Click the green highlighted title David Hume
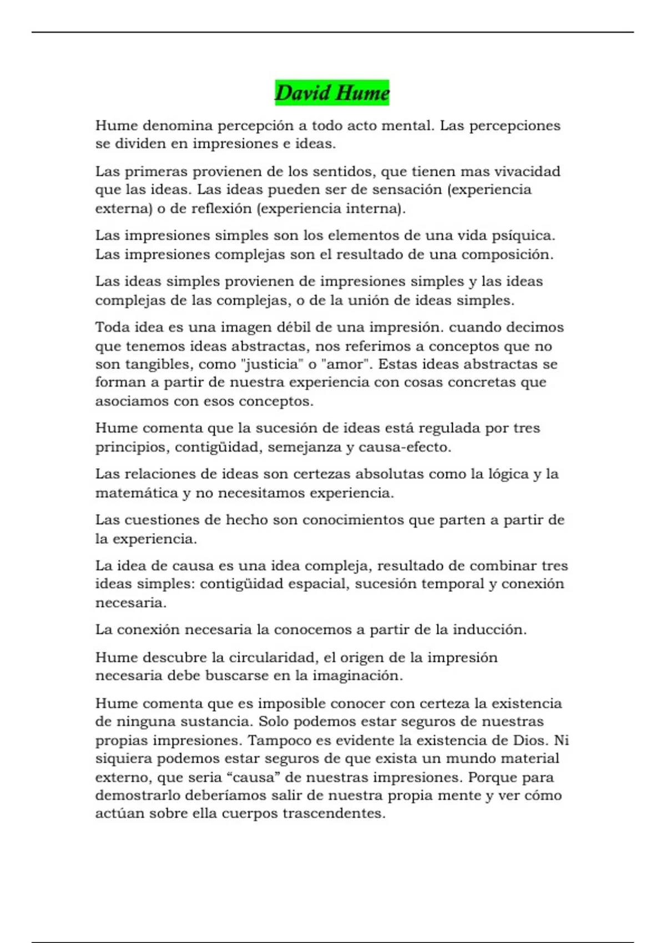click(332, 93)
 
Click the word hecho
click(246, 520)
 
